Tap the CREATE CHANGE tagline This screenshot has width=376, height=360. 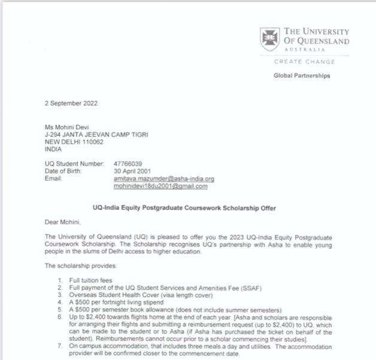pos(304,62)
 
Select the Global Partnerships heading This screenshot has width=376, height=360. pos(302,76)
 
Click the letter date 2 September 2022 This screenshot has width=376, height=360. pos(71,103)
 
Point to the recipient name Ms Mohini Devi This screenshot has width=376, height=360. pos(68,127)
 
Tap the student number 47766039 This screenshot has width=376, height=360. pos(128,163)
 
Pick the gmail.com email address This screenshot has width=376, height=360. pos(160,186)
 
